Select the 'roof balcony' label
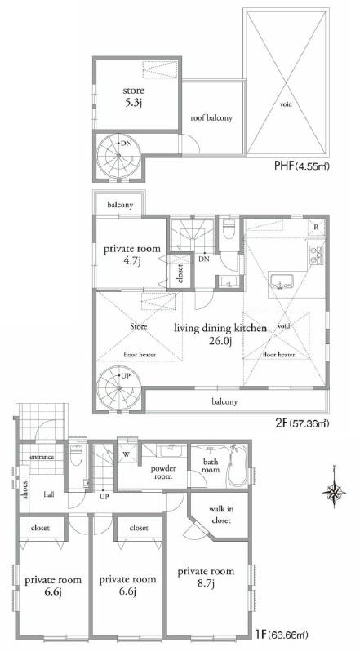pos(211,117)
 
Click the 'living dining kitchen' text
pos(220,328)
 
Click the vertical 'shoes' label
pos(25,489)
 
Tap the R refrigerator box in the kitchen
pos(316,226)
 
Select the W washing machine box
pos(127,454)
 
